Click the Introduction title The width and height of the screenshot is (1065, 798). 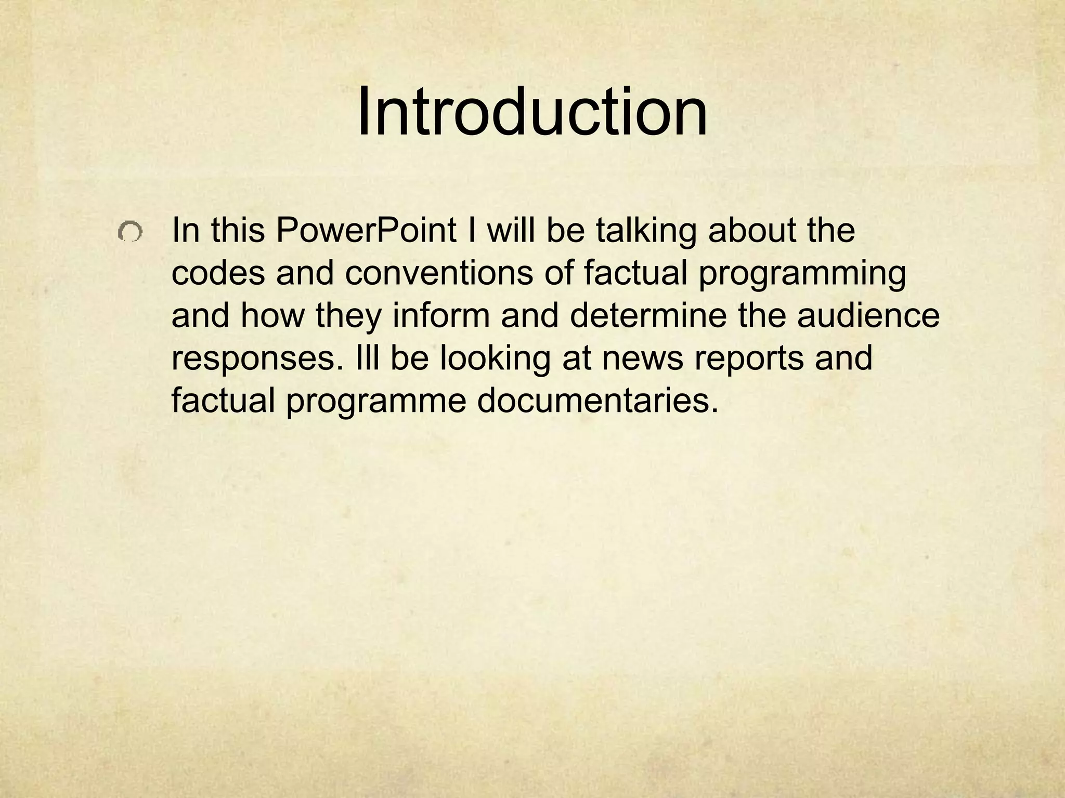(x=532, y=112)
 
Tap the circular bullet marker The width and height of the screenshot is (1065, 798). (x=129, y=232)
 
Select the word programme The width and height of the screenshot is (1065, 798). (x=375, y=403)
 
